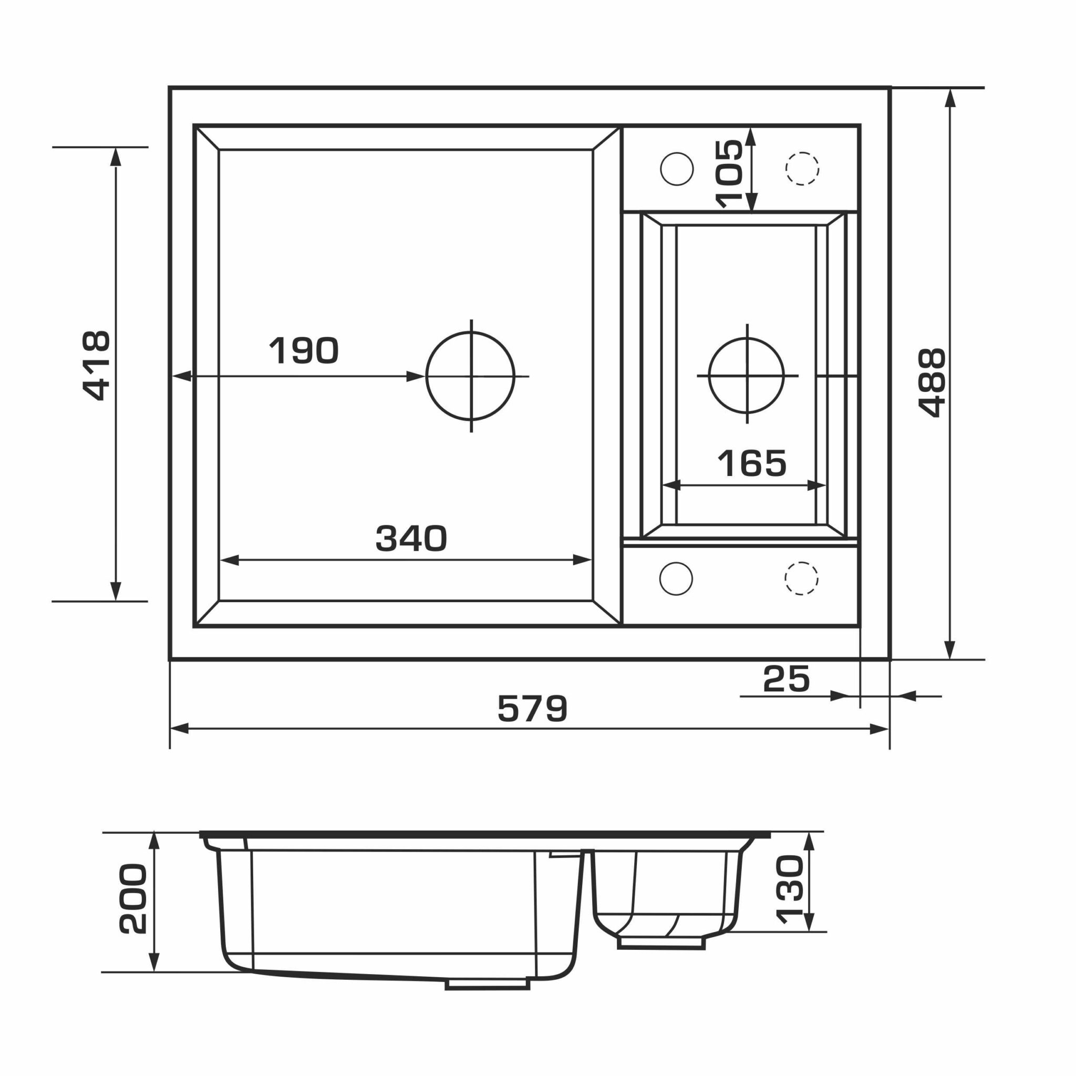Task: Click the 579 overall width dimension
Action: pos(532,708)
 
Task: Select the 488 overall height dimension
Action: pos(932,382)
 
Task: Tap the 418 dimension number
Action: pos(96,366)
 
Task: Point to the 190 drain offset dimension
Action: pos(304,350)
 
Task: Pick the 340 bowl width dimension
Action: pos(411,538)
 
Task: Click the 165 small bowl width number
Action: pos(752,463)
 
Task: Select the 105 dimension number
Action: pos(729,174)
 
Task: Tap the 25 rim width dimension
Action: pos(786,678)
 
